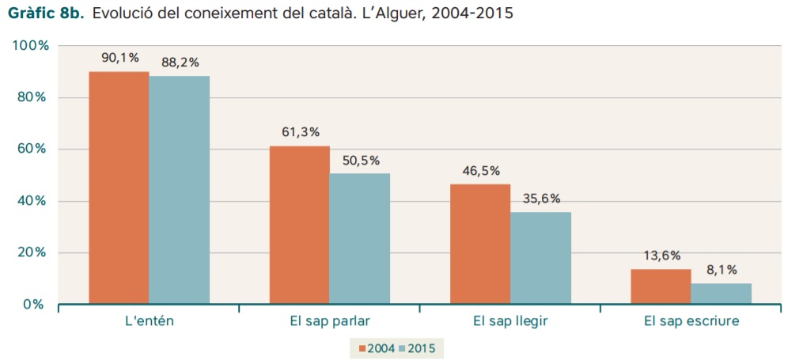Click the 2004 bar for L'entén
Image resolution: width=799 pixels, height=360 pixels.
[119, 188]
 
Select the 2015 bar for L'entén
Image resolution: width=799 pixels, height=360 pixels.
[179, 190]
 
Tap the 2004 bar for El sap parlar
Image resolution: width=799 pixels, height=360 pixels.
[299, 225]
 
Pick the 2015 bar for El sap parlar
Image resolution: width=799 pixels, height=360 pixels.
[360, 238]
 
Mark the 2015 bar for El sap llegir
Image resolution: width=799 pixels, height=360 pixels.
[540, 258]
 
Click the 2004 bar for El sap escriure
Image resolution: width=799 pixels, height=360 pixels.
[661, 286]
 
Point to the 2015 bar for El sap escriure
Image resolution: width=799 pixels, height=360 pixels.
[721, 294]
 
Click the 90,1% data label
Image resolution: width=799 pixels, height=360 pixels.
[119, 58]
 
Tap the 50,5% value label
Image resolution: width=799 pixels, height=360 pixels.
[361, 161]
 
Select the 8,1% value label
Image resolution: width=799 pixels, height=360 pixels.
[721, 270]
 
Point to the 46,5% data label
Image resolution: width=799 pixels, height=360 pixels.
[481, 171]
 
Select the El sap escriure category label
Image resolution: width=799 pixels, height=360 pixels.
[691, 322]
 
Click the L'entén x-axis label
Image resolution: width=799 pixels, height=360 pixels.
[150, 322]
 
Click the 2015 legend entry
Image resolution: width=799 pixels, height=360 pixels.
[421, 347]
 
